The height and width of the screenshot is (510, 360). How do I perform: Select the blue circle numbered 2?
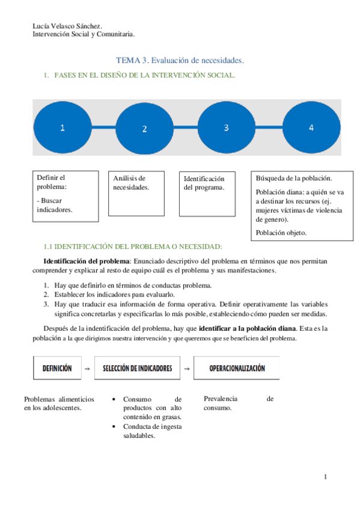click(x=144, y=128)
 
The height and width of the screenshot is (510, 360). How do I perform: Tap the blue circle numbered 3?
click(x=226, y=127)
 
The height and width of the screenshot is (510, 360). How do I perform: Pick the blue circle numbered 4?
click(x=311, y=127)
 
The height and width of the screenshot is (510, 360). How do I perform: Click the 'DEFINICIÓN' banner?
click(x=57, y=368)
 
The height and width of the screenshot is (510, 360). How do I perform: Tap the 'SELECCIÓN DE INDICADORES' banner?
click(x=137, y=368)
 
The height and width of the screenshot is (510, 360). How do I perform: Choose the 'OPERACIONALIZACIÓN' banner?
click(x=236, y=368)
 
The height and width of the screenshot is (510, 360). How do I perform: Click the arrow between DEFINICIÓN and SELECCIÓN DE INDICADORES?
click(x=88, y=369)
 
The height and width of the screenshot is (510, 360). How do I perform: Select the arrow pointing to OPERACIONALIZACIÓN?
click(x=187, y=369)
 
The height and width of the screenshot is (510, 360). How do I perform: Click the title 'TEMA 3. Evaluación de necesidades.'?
click(x=180, y=61)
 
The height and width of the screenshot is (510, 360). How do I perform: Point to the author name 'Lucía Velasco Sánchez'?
click(x=66, y=26)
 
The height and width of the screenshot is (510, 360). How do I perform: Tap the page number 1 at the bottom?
click(x=325, y=478)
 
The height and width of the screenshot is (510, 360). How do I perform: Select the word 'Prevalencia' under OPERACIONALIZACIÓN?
click(x=221, y=399)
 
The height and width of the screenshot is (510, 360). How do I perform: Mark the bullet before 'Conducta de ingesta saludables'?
click(x=115, y=427)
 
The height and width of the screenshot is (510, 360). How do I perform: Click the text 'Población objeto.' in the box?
click(x=281, y=232)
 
